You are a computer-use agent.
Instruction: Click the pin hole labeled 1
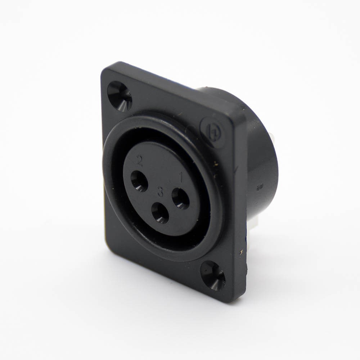pyautogui.click(x=180, y=198)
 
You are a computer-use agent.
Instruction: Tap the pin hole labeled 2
pyautogui.click(x=139, y=181)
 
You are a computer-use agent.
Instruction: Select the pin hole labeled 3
pyautogui.click(x=160, y=213)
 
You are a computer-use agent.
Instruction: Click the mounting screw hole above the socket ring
pyautogui.click(x=120, y=96)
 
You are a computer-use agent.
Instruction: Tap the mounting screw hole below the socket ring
pyautogui.click(x=213, y=275)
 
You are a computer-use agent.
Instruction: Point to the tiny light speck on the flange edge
pyautogui.click(x=240, y=249)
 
